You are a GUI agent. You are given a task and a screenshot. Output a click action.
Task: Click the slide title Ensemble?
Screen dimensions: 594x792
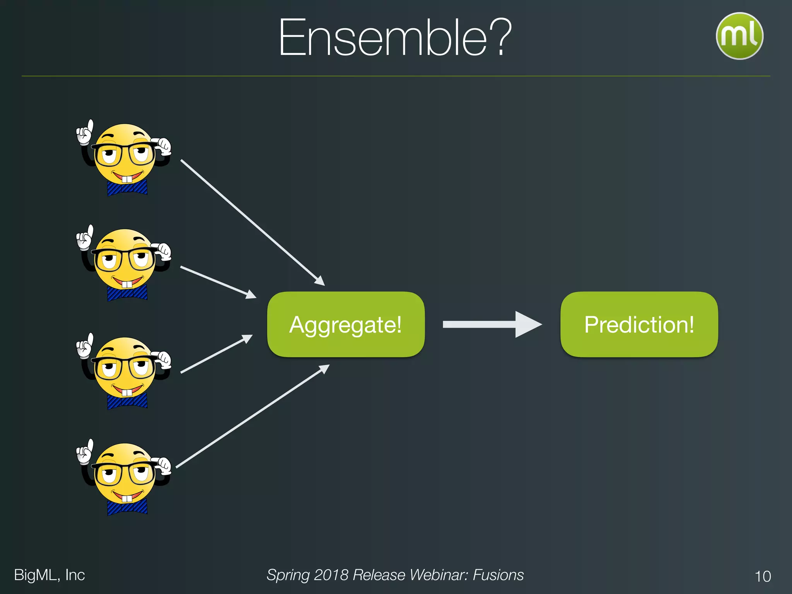[395, 38]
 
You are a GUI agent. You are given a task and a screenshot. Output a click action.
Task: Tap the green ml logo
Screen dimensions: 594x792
[739, 36]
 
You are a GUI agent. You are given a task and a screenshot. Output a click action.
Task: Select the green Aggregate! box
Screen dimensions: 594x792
[346, 324]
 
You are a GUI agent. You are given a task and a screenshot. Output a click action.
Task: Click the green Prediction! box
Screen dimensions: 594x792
[639, 324]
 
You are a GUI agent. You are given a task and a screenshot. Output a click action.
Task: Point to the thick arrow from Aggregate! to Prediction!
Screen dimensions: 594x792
[491, 324]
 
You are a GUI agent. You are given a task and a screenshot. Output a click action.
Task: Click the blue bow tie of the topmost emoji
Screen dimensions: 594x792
[127, 188]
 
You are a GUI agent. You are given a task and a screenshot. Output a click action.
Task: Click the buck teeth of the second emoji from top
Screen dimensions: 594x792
[127, 285]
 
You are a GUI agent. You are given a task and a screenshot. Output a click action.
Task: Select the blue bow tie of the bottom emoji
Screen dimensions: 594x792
[127, 507]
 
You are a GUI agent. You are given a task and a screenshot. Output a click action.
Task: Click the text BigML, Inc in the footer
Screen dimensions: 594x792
[49, 575]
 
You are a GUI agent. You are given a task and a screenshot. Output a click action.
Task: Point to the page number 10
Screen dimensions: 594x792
[763, 576]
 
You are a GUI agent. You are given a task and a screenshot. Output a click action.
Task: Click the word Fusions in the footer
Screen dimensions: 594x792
[498, 575]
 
